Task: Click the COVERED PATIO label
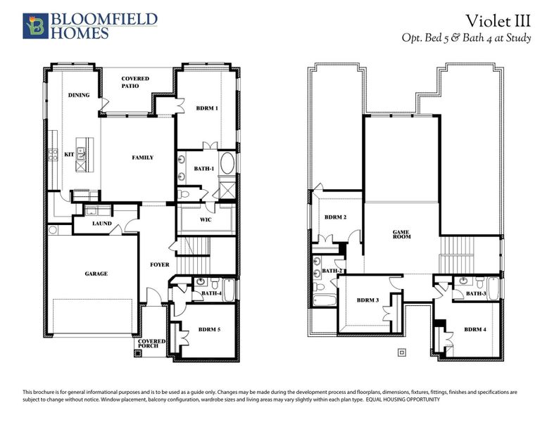point(134,82)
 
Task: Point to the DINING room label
point(78,95)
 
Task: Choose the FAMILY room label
point(143,157)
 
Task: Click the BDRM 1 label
point(207,108)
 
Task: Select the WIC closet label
point(206,219)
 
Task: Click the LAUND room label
point(102,224)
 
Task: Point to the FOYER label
point(160,265)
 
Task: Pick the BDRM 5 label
point(210,328)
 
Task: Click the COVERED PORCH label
point(153,345)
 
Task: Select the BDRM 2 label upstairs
point(336,217)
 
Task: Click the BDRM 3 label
point(367,300)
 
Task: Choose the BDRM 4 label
point(474,329)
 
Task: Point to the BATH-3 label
point(476,293)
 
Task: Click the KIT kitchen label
point(69,154)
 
